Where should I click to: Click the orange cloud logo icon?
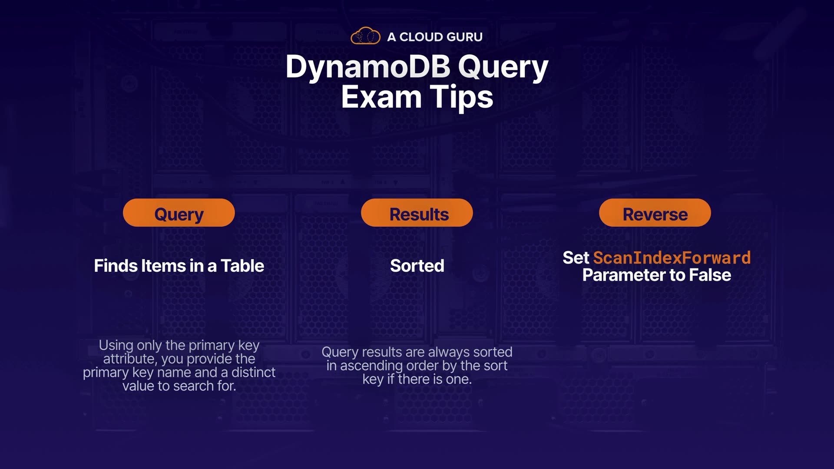tap(365, 36)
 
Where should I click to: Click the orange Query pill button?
tap(179, 213)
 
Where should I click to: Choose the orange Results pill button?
tap(417, 213)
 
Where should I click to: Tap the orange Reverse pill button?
tap(655, 213)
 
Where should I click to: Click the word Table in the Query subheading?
tap(242, 266)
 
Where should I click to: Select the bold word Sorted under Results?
tap(417, 266)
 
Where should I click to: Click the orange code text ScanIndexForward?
tap(672, 258)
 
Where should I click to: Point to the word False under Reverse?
tap(710, 275)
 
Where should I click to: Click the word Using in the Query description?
tap(116, 346)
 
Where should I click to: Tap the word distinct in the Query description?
tap(253, 372)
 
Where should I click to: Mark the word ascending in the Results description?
tap(371, 366)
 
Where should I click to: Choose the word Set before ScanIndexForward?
tap(576, 258)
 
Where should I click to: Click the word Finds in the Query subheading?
tap(116, 266)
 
